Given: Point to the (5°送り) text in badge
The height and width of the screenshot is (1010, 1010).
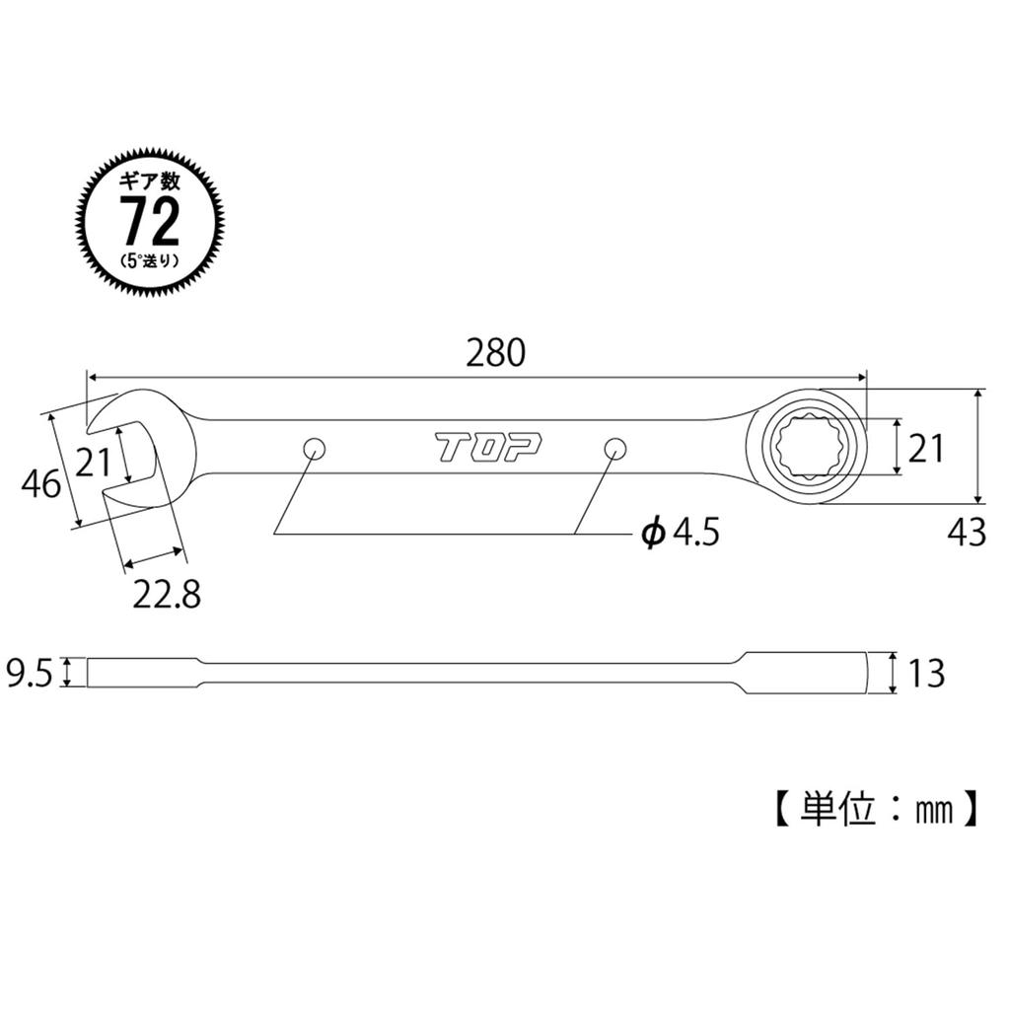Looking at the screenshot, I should tap(150, 261).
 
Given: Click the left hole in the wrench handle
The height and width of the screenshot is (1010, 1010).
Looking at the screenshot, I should tap(315, 448).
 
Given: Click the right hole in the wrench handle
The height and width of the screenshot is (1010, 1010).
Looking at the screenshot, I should tap(614, 448).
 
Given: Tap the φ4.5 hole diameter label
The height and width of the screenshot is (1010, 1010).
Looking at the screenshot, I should tap(681, 534).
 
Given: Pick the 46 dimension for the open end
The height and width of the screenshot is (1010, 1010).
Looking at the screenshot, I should tap(40, 484).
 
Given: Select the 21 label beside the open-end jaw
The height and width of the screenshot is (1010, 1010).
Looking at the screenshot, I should tap(92, 462).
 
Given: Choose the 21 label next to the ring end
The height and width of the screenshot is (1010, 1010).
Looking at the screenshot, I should tap(926, 449).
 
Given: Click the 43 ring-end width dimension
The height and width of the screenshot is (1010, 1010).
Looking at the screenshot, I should tap(967, 533).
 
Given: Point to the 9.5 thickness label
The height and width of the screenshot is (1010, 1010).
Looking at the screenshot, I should tap(30, 674).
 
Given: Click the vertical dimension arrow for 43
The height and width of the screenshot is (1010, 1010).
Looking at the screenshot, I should tap(977, 446).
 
